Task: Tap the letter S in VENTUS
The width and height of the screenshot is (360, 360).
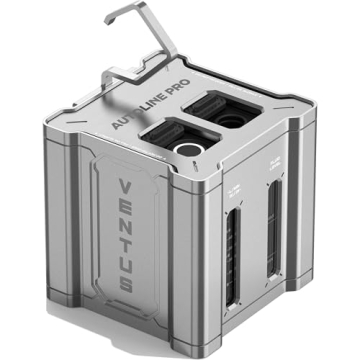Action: (128, 284)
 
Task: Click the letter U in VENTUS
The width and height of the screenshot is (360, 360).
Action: (127, 263)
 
